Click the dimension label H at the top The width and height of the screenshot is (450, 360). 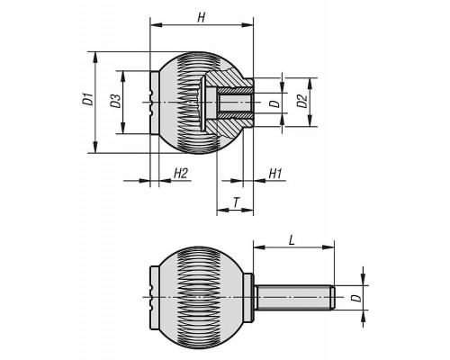click(x=202, y=18)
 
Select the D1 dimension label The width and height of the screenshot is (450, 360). click(x=88, y=100)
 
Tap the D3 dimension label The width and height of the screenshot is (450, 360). click(x=115, y=101)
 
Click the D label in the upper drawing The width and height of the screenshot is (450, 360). click(x=274, y=103)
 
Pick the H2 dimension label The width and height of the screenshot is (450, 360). click(x=181, y=174)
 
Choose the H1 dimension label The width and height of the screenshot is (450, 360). click(x=275, y=174)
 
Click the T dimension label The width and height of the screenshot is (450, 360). click(x=236, y=202)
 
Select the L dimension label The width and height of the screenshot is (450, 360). click(x=291, y=240)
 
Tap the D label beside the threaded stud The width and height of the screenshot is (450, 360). click(x=355, y=298)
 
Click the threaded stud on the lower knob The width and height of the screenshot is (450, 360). click(x=294, y=298)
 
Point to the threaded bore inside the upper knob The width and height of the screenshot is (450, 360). click(x=235, y=103)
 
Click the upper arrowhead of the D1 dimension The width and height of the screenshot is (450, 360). click(x=95, y=58)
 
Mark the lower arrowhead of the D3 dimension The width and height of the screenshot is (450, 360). click(x=122, y=129)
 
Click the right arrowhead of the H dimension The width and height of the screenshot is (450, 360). click(x=247, y=25)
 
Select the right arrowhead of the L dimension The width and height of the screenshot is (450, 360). click(x=328, y=247)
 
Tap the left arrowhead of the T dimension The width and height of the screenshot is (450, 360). click(x=222, y=210)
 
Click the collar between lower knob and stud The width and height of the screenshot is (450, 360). click(x=248, y=298)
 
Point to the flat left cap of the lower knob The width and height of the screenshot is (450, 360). click(x=153, y=298)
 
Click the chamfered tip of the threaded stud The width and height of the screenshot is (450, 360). click(x=333, y=298)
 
